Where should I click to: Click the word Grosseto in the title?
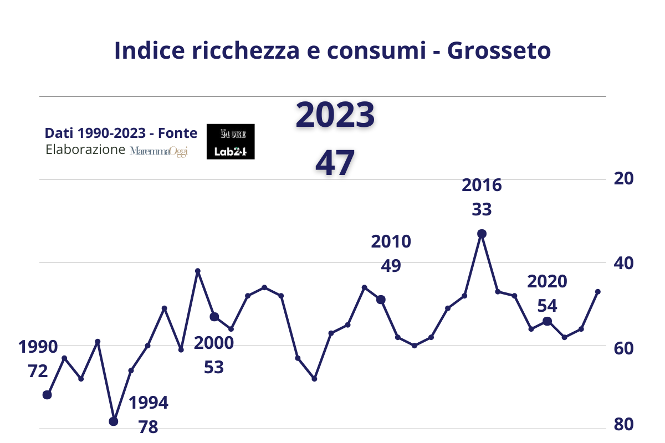(x=499, y=50)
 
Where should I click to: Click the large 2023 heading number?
(x=335, y=116)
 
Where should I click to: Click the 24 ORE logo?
(x=231, y=133)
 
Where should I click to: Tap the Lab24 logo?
(x=231, y=151)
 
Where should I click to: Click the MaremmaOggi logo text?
(x=159, y=151)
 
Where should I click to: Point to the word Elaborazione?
(x=85, y=150)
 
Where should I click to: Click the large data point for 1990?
(x=47, y=395)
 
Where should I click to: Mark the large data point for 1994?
(x=114, y=421)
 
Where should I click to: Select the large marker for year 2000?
(x=214, y=317)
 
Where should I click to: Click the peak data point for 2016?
(x=482, y=234)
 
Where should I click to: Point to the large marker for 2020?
(x=548, y=321)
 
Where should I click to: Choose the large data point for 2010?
(x=381, y=300)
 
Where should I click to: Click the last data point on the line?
(x=597, y=291)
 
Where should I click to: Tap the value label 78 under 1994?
(x=149, y=427)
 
